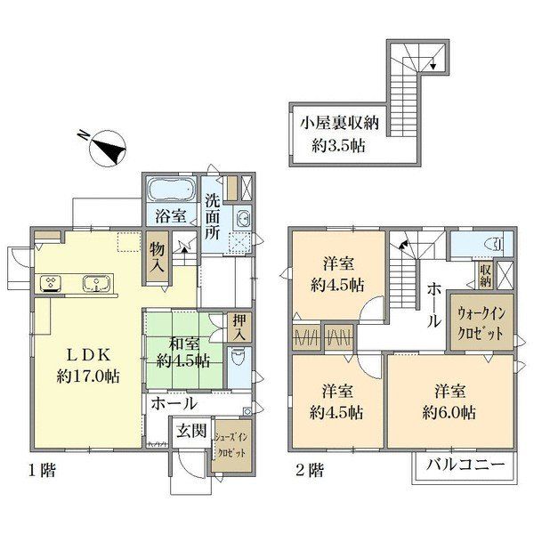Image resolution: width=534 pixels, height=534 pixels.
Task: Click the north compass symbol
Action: tap(107, 149)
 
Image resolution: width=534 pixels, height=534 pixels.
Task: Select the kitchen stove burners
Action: tap(51, 283)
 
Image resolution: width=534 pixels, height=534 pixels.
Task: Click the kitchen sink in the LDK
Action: tap(96, 283)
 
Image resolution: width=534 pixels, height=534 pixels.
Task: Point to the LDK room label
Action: tap(88, 366)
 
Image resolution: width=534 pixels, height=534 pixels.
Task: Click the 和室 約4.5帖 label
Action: tap(183, 352)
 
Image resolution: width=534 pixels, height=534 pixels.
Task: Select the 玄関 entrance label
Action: tap(191, 431)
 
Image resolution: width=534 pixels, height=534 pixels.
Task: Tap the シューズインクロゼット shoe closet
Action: tap(231, 446)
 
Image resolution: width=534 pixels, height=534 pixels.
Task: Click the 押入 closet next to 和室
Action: tap(239, 328)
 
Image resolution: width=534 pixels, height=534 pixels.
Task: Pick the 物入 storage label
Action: tap(158, 257)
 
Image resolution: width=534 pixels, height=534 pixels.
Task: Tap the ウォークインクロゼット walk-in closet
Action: tap(481, 322)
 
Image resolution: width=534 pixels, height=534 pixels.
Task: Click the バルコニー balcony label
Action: tap(465, 465)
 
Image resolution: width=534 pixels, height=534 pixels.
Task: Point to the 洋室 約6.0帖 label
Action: tap(449, 402)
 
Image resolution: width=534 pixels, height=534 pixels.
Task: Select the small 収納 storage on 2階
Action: tap(486, 275)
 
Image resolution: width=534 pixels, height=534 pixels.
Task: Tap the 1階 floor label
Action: tap(42, 471)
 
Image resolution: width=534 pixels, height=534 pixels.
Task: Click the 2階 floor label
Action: tap(310, 471)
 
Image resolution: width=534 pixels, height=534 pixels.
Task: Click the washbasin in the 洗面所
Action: tap(243, 218)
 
